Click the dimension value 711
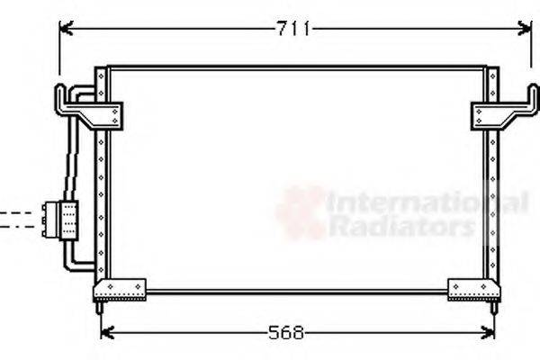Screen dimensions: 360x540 (292, 29)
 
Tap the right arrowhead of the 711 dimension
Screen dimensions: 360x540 (525, 29)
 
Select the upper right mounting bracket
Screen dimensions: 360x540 (499, 112)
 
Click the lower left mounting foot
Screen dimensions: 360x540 (119, 289)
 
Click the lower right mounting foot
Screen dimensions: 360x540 (473, 289)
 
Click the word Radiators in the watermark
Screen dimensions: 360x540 (400, 226)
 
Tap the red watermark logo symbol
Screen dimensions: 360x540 (301, 212)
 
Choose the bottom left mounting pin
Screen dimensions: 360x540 (98, 308)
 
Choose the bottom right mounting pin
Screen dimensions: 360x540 (493, 308)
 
